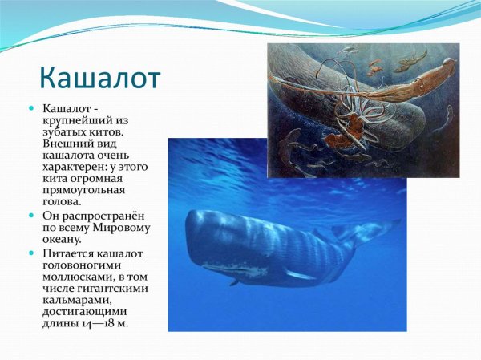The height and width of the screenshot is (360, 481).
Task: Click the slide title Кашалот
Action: click(x=100, y=78)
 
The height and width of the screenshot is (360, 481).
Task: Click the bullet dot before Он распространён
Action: click(x=31, y=216)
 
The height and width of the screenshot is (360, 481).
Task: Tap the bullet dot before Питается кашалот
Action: click(x=31, y=253)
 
